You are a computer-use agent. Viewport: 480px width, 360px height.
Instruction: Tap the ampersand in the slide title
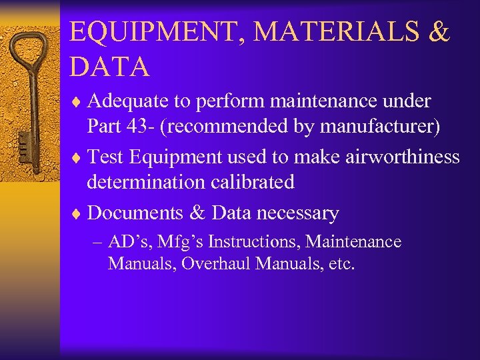439,33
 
